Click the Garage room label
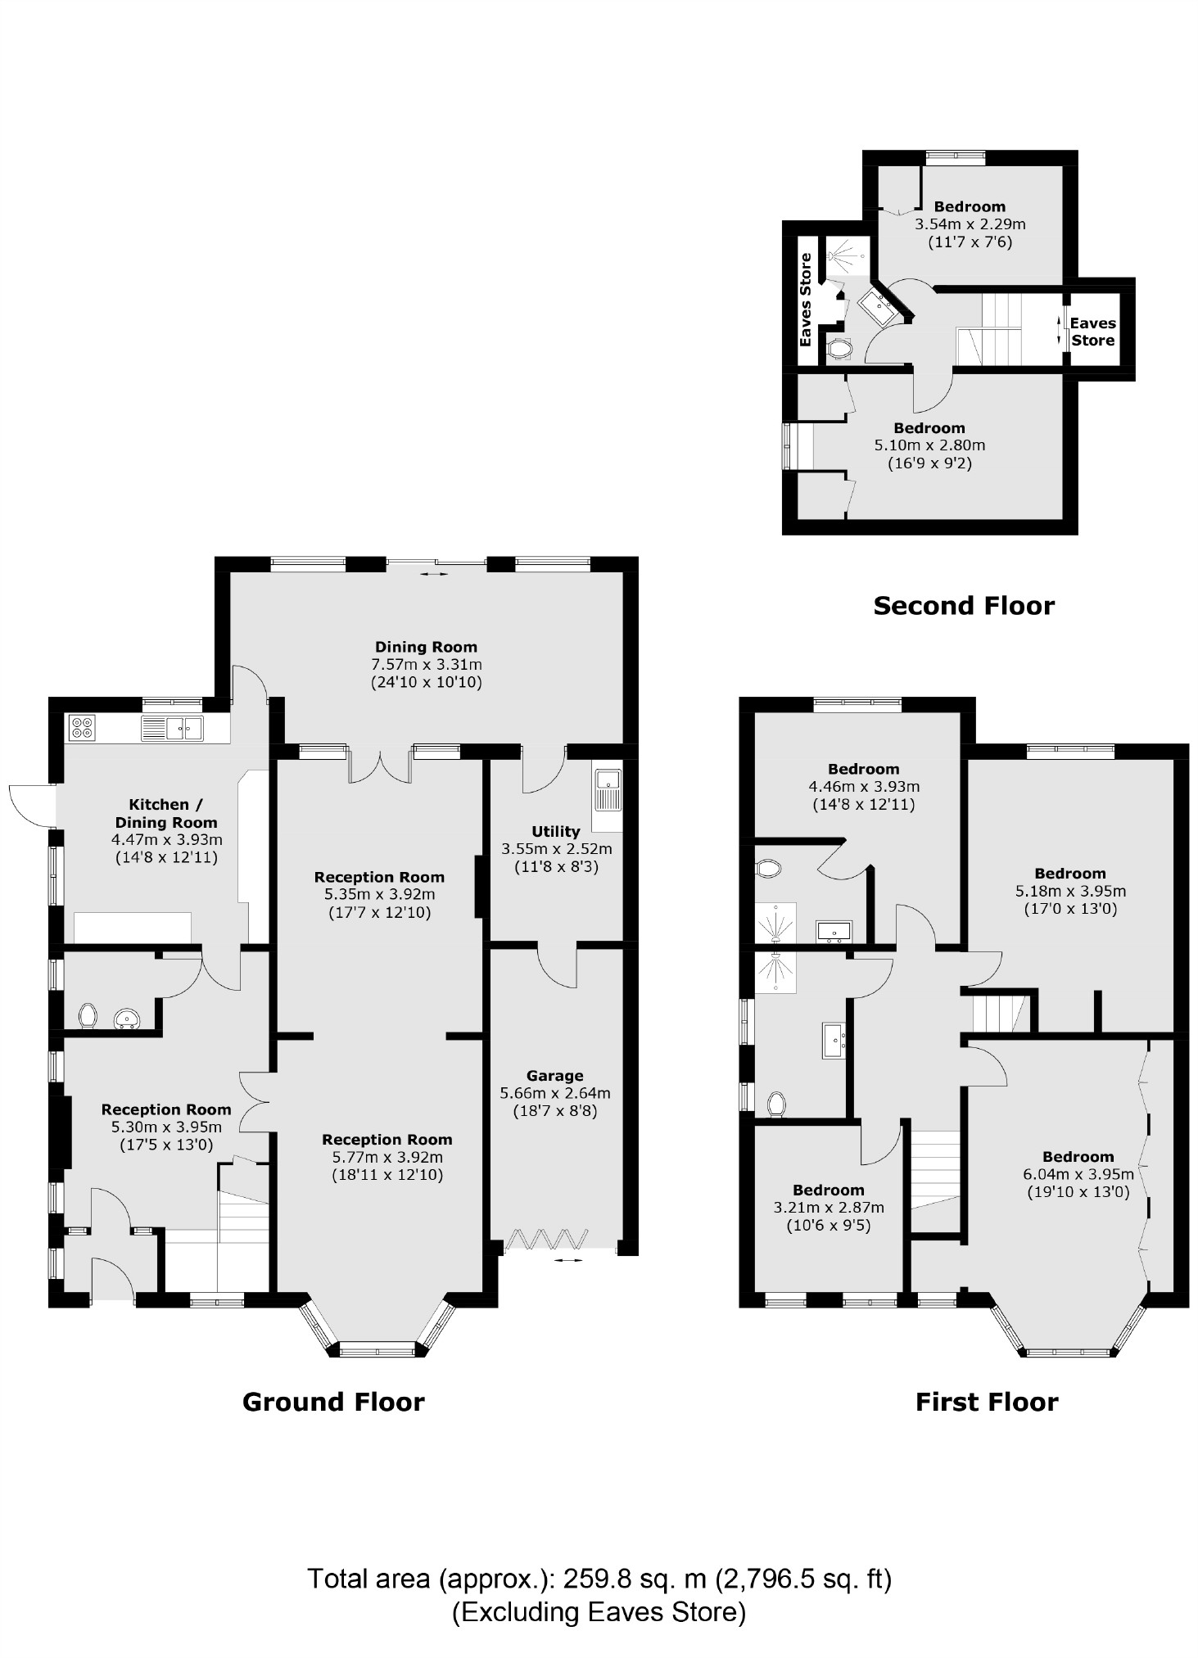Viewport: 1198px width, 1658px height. [x=554, y=1075]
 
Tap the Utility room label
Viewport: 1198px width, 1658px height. [x=555, y=831]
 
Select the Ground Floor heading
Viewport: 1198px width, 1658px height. [x=333, y=1402]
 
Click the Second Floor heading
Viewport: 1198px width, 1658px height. [x=963, y=605]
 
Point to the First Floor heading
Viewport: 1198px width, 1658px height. [x=986, y=1402]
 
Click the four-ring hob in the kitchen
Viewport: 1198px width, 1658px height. [x=83, y=727]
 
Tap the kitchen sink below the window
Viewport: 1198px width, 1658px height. [x=172, y=727]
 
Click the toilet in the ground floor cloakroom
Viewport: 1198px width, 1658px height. [x=88, y=1016]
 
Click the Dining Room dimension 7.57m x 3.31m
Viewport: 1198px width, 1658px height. [x=426, y=664]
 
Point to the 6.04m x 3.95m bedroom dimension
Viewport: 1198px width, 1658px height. [x=1078, y=1174]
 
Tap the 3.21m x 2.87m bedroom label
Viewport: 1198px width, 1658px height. [x=828, y=1190]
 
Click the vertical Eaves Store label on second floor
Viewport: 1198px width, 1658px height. [x=806, y=300]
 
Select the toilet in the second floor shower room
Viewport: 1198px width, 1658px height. [x=839, y=349]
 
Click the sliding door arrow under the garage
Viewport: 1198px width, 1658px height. [x=564, y=1260]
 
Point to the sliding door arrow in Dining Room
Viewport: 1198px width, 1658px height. [x=435, y=574]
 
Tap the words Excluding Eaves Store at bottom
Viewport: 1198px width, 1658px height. [x=599, y=1611]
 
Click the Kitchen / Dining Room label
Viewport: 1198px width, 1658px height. [x=165, y=813]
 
